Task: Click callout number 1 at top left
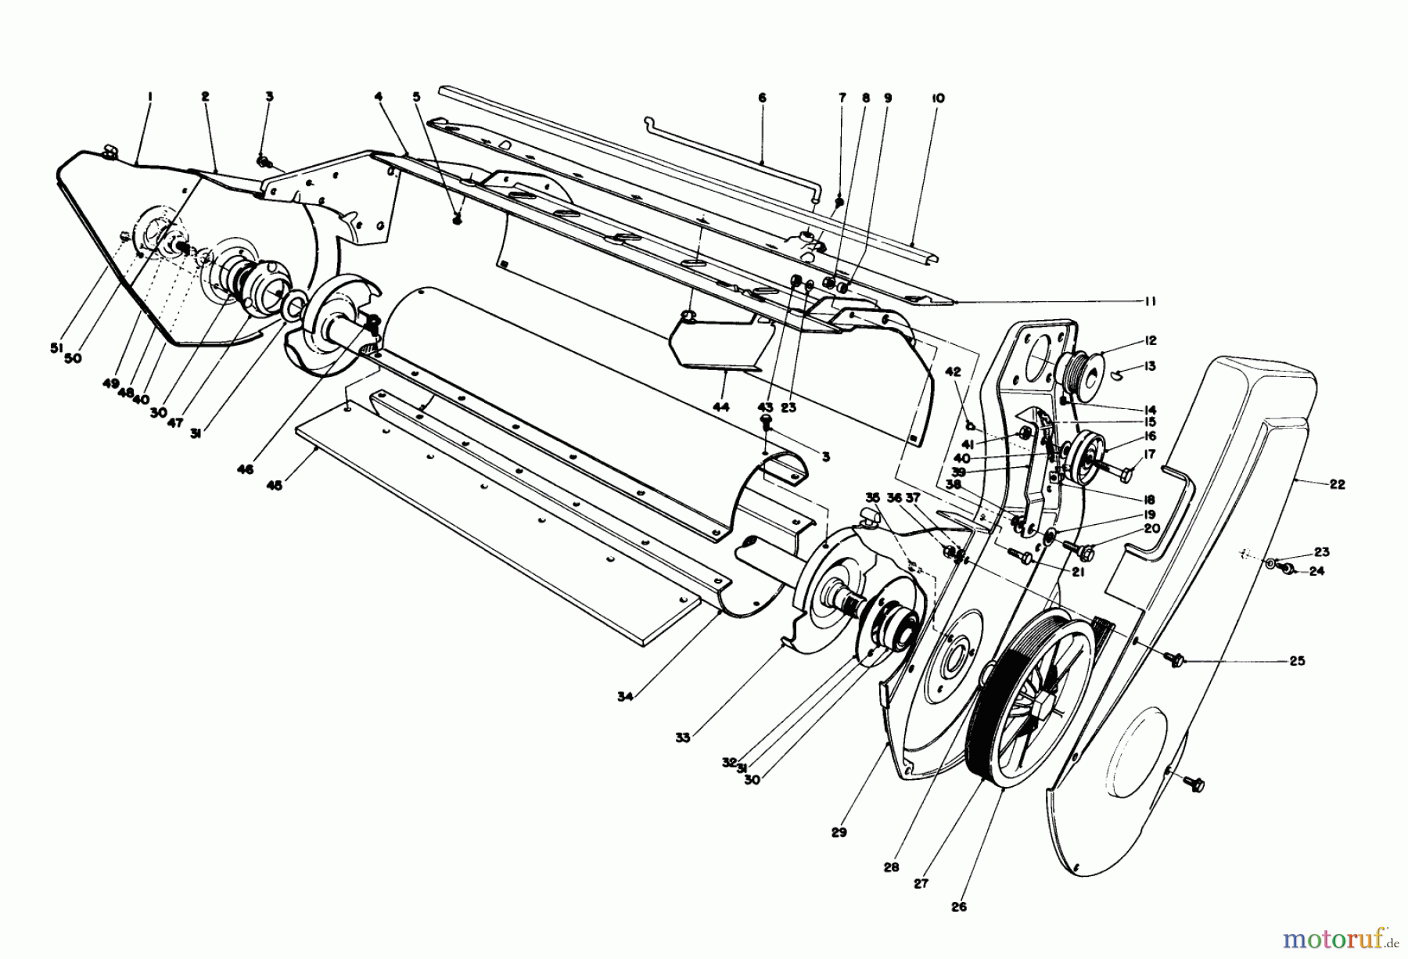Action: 149,97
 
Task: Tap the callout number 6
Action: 762,99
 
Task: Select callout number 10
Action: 939,99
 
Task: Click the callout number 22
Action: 1337,484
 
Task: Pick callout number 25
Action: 1297,661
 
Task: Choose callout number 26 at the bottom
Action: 959,907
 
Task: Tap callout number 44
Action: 721,407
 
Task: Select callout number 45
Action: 274,485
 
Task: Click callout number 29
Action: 839,832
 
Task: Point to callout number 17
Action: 1149,453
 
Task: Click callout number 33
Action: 683,737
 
